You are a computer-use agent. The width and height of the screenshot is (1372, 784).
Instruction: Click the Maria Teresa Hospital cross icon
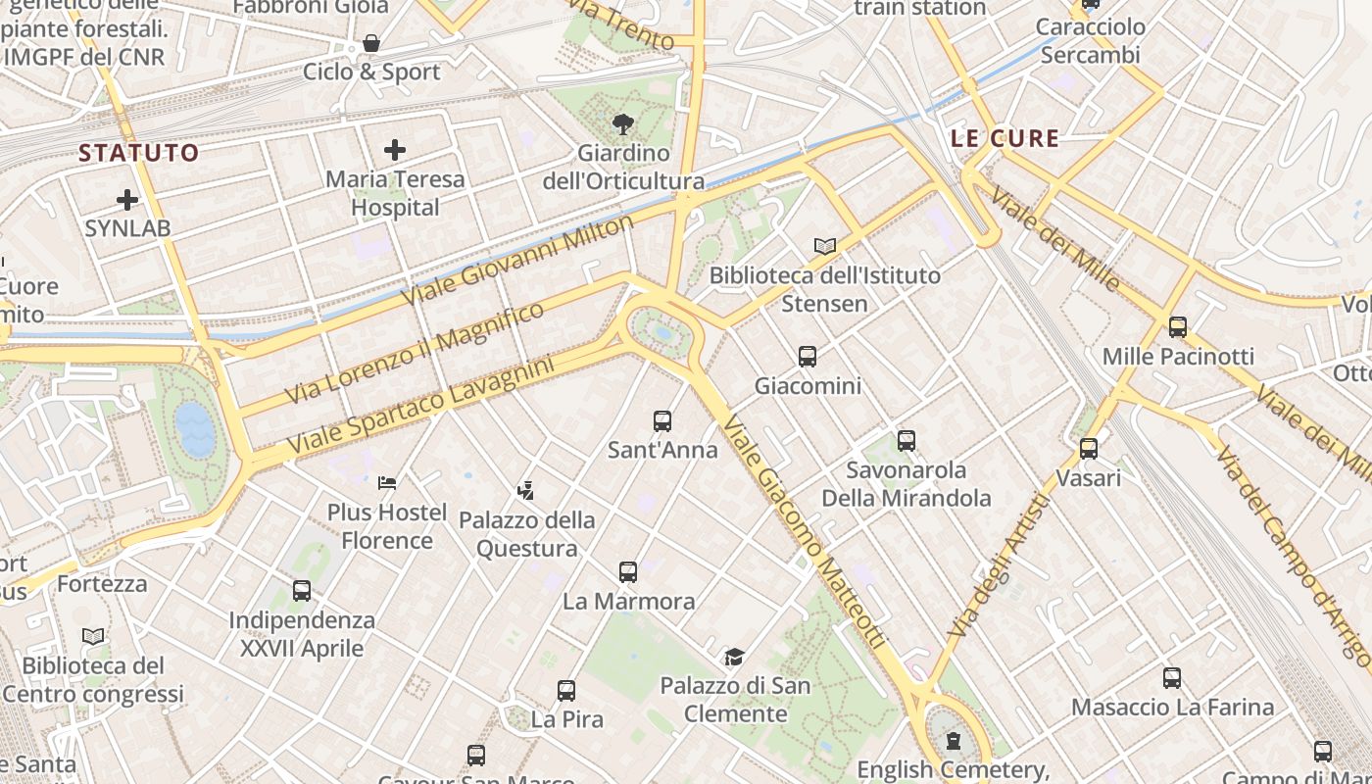point(395,150)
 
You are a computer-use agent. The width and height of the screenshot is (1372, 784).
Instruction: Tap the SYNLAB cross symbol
point(127,200)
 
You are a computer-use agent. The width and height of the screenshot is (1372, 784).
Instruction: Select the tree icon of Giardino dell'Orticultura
point(621,123)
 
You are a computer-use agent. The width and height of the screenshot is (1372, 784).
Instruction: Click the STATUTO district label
point(138,153)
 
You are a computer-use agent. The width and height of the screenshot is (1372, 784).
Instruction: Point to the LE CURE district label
point(1004,138)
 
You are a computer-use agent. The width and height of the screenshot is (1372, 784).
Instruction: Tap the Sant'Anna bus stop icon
point(662,421)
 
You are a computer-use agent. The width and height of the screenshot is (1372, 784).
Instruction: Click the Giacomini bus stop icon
point(808,357)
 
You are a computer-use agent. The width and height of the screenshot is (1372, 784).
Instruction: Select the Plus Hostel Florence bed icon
point(387,482)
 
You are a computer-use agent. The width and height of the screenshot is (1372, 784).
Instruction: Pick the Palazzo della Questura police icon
point(526,489)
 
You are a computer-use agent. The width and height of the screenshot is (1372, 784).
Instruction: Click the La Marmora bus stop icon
point(628,571)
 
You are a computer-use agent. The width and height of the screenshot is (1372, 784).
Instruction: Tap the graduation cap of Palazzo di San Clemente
point(734,656)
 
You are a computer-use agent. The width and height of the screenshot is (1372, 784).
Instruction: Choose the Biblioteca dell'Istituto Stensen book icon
point(825,246)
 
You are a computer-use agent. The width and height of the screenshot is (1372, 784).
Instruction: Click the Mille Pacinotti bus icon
point(1178,327)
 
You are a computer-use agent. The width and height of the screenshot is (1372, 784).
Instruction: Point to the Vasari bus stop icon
point(1089,449)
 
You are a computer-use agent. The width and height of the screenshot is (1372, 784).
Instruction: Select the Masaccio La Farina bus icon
point(1172,677)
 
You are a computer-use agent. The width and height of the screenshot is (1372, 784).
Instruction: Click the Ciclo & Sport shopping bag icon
point(371,43)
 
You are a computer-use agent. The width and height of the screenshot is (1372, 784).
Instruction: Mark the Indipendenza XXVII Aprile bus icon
point(302,591)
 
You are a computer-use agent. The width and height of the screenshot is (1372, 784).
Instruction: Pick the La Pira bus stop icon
point(566,690)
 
